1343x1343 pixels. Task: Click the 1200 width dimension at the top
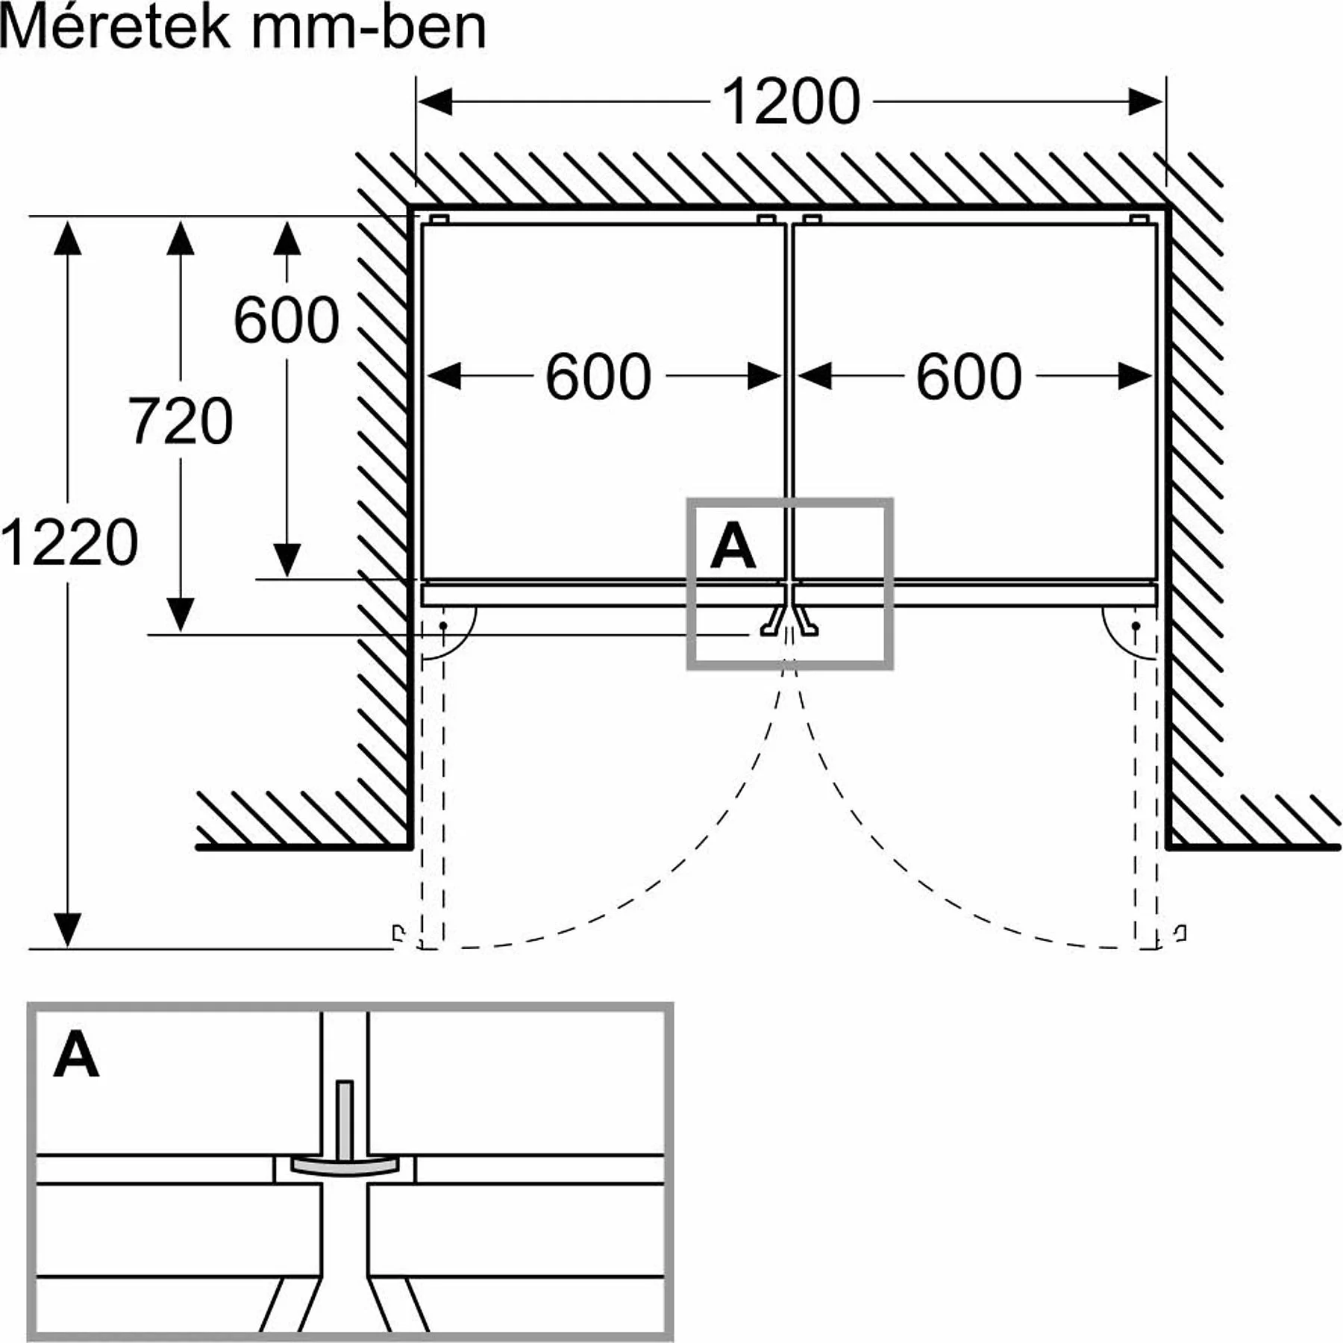click(791, 101)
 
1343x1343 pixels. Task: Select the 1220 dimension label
click(69, 542)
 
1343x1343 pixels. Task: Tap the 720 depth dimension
click(181, 422)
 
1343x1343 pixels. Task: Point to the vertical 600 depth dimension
click(287, 321)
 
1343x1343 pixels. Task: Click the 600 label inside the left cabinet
click(598, 378)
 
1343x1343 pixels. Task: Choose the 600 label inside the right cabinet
click(968, 378)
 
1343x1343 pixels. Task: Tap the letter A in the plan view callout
click(733, 547)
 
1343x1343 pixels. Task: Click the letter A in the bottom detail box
click(76, 1055)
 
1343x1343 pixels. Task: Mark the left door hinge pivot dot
click(442, 625)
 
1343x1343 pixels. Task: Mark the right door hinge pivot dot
click(1136, 625)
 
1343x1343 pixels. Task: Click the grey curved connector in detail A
click(344, 1165)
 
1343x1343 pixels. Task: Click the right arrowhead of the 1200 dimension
click(1145, 101)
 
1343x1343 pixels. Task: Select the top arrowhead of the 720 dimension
click(181, 237)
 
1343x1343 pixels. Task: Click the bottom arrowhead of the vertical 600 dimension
click(287, 560)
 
